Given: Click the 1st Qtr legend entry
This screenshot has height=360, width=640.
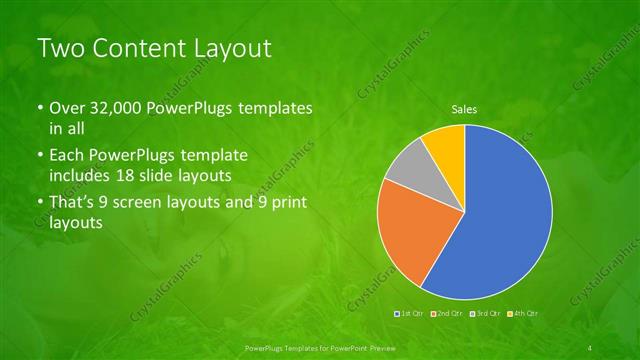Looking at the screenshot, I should coord(409,313).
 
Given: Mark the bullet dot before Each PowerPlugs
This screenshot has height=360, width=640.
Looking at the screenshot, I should coord(39,157).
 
